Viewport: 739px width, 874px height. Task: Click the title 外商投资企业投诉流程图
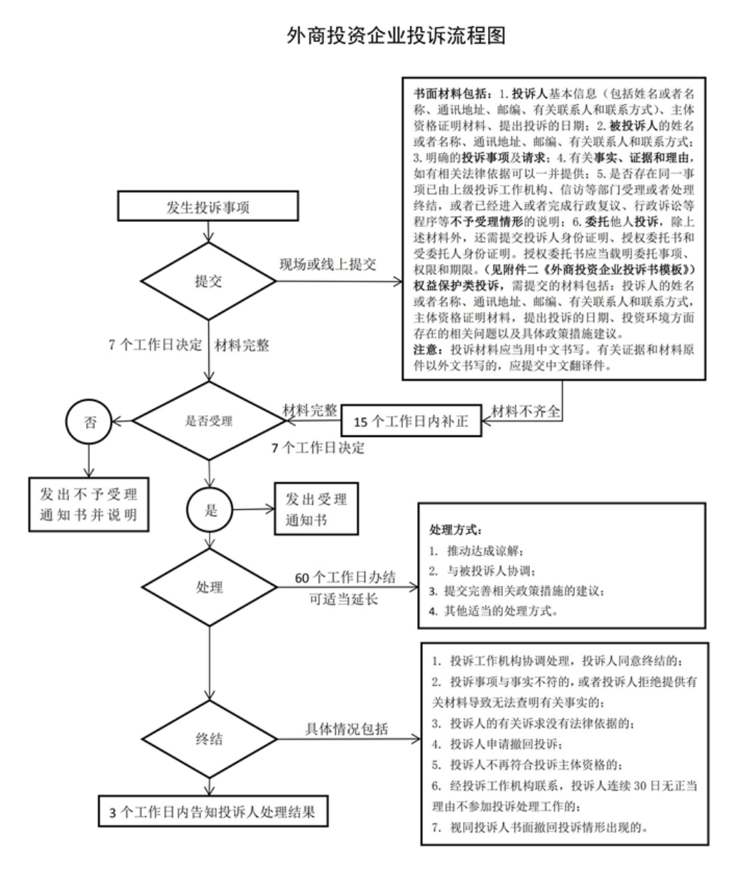point(396,36)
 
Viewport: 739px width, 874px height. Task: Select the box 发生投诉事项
point(208,206)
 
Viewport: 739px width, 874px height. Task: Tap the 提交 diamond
point(208,281)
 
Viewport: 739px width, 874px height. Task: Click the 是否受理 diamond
point(209,421)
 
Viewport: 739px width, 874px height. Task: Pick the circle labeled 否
point(88,421)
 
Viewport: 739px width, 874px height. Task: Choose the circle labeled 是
point(210,510)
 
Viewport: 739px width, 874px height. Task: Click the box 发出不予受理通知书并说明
point(88,504)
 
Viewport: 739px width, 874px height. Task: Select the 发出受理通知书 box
point(317,508)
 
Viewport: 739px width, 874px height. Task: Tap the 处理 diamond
point(210,587)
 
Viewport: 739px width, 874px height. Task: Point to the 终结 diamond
point(210,739)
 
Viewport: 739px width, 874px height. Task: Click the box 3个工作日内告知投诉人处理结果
point(213,811)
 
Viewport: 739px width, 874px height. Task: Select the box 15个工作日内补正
point(411,421)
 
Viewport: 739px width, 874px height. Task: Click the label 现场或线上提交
point(327,264)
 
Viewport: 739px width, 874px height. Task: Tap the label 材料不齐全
point(525,411)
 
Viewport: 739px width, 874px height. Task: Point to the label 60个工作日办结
point(345,577)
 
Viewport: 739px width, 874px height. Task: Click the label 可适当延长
point(343,599)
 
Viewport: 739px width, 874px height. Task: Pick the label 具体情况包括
point(347,728)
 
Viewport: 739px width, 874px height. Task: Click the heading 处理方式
point(456,529)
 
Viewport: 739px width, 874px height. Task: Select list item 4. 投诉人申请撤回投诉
point(497,744)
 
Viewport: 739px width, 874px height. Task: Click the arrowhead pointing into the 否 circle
point(116,421)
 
